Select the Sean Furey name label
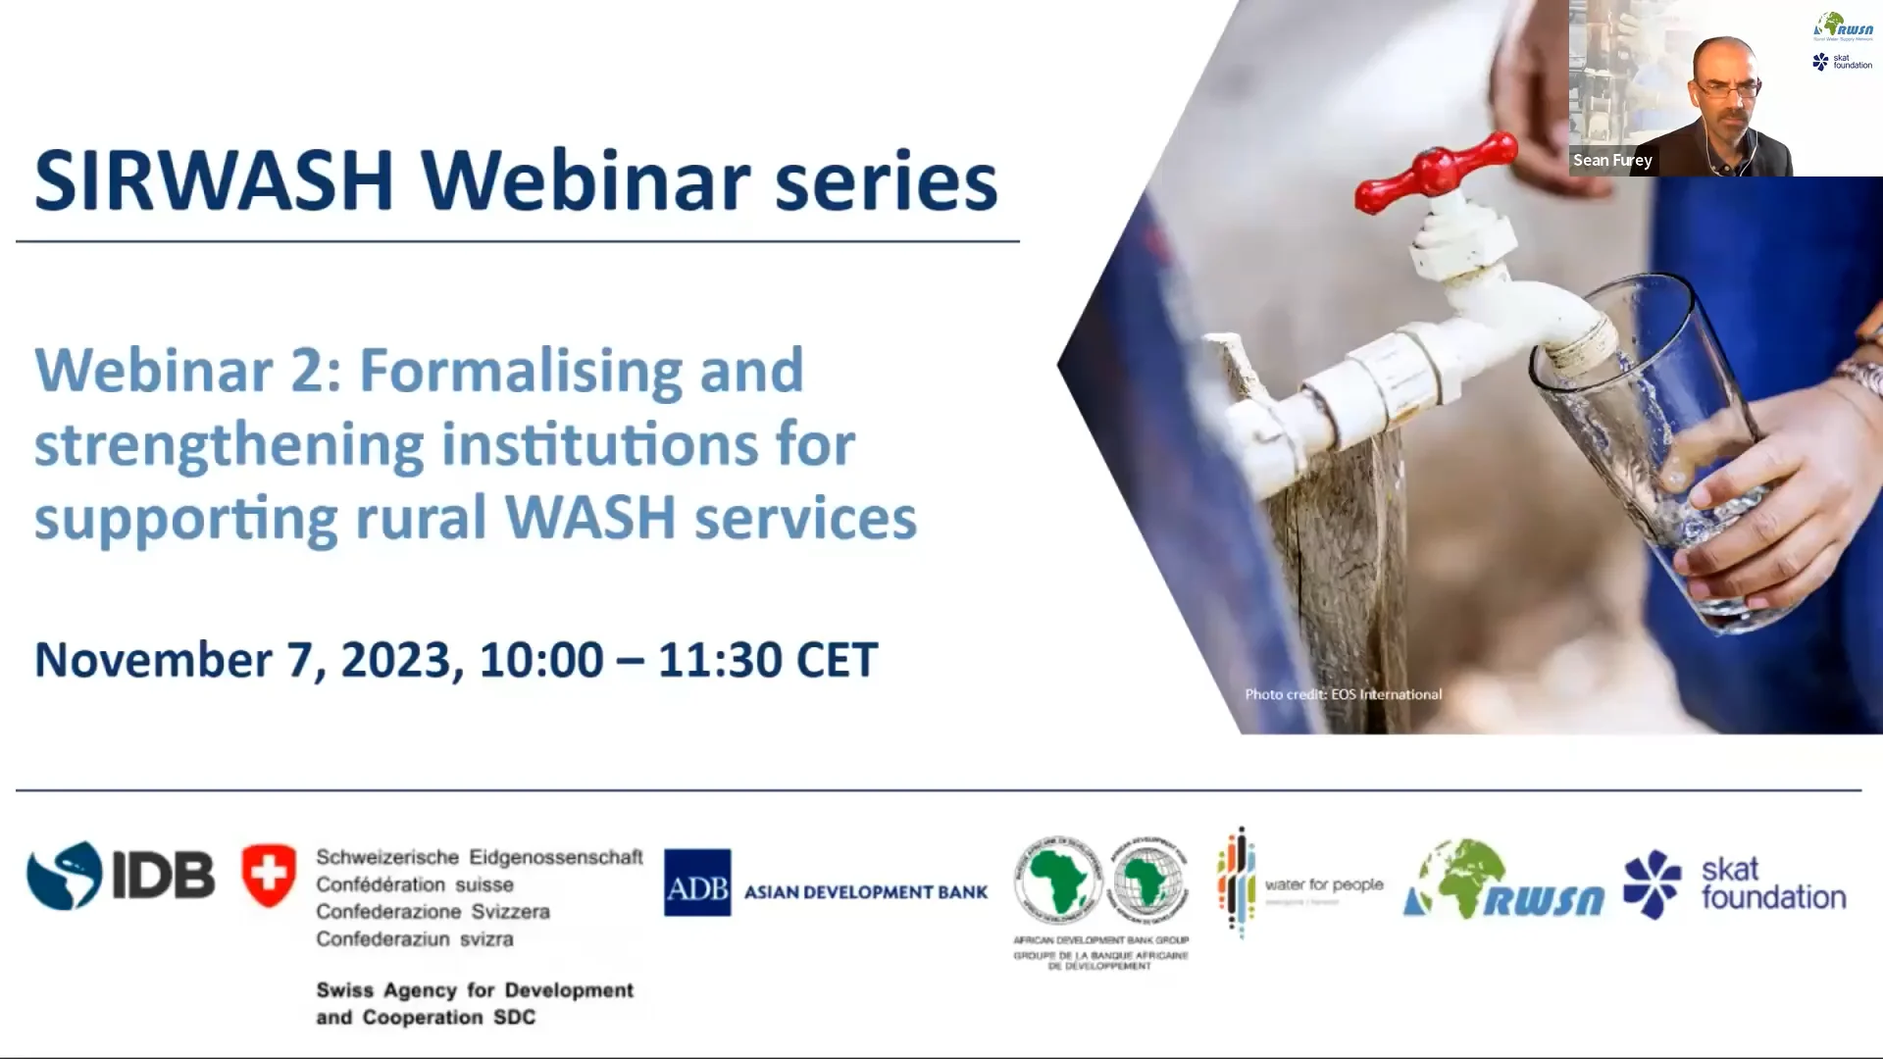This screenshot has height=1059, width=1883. [x=1612, y=160]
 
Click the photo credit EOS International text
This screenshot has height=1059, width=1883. [x=1343, y=694]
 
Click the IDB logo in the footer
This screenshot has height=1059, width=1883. [x=121, y=875]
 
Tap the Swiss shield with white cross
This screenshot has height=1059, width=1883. [x=268, y=874]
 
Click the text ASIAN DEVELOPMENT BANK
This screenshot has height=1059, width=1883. [x=865, y=892]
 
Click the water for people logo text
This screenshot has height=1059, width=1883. [x=1323, y=884]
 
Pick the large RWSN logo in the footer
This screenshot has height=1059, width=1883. [x=1503, y=881]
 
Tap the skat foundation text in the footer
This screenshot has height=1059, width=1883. [x=1772, y=882]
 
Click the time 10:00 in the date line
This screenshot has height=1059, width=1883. [x=540, y=660]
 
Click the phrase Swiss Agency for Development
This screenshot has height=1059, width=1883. [x=475, y=990]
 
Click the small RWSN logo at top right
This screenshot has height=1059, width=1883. [x=1843, y=25]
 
